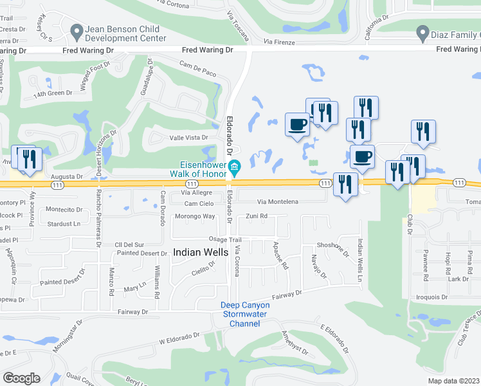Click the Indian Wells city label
coord(201,253)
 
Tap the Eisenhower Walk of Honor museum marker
coord(235,169)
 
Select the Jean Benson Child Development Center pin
coord(76,30)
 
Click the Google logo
coord(21,378)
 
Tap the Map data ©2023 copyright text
coord(454,381)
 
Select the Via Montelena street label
coord(278,202)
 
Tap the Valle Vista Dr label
coord(188,138)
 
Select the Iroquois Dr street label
coord(431,297)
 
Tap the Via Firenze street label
coord(278,42)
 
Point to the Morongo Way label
coord(195,216)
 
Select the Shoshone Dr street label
coord(332,248)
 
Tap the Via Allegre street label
coord(196,192)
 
